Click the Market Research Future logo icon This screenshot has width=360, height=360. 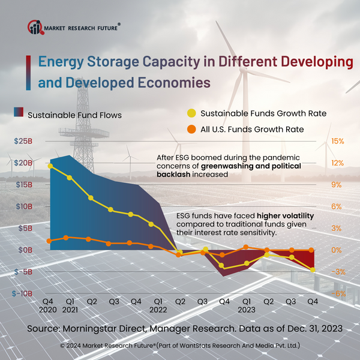(x=36, y=27)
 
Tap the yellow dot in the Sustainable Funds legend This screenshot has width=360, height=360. (x=191, y=113)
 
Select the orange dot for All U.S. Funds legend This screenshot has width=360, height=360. (x=191, y=129)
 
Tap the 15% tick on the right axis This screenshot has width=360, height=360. (x=337, y=141)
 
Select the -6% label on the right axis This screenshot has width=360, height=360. (x=337, y=293)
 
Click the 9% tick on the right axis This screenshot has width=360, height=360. (x=337, y=185)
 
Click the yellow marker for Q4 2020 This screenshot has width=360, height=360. (x=50, y=166)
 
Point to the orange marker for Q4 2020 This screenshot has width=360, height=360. (x=50, y=241)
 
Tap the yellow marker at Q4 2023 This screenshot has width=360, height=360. (x=313, y=269)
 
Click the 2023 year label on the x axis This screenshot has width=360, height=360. (x=247, y=311)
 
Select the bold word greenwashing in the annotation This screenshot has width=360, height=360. (x=233, y=165)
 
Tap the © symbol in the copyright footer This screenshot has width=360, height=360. (x=62, y=346)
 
